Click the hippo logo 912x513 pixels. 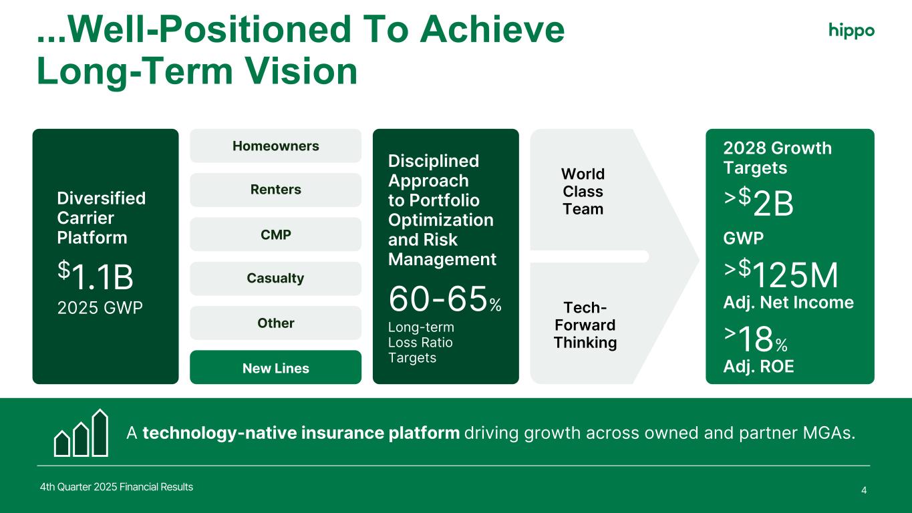point(851,31)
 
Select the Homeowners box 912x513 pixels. point(276,146)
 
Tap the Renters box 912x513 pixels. point(276,190)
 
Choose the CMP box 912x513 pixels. point(276,234)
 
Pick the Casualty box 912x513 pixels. point(276,279)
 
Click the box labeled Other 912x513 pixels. point(276,323)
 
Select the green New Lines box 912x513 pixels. point(276,367)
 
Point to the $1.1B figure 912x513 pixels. point(96,276)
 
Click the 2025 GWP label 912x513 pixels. point(100,308)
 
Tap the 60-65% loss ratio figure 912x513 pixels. point(445,299)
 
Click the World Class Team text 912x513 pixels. point(583,191)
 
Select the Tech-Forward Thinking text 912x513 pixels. point(585,325)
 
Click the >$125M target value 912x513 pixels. point(781,274)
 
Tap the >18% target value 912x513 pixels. point(756,339)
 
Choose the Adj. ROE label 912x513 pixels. point(758,367)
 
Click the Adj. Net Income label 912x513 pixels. point(788,303)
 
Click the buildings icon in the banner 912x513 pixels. point(81,433)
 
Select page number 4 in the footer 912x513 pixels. point(864,490)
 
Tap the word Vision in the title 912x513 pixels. point(302,71)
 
